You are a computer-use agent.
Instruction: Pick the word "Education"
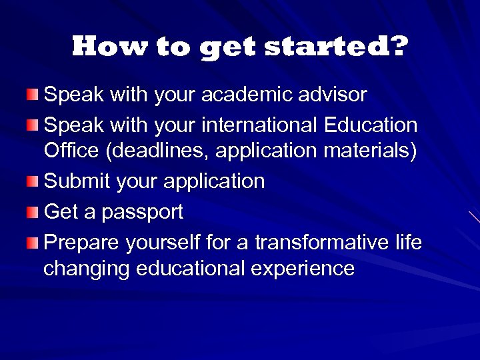click(371, 125)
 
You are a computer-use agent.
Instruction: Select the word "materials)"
click(370, 151)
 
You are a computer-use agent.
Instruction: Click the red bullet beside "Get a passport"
click(33, 213)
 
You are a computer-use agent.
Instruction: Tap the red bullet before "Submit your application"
click(33, 181)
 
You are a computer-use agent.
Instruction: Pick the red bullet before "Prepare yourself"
click(33, 243)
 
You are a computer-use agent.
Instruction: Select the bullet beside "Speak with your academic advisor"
click(33, 95)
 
